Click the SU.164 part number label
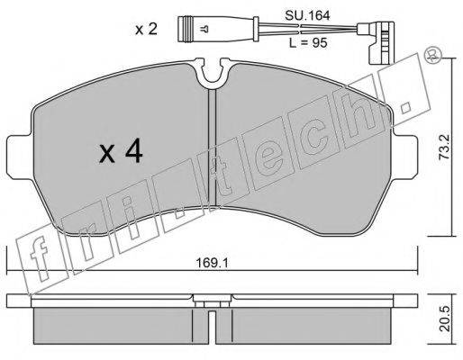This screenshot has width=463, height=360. [307, 15]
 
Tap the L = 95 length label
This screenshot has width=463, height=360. [308, 43]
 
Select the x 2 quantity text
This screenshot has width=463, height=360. [146, 30]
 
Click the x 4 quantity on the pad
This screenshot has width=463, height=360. [121, 152]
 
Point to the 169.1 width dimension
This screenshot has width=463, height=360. [212, 263]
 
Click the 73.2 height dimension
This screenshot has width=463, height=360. [444, 147]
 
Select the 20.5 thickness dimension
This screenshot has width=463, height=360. [444, 319]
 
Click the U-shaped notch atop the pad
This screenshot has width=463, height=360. [213, 73]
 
